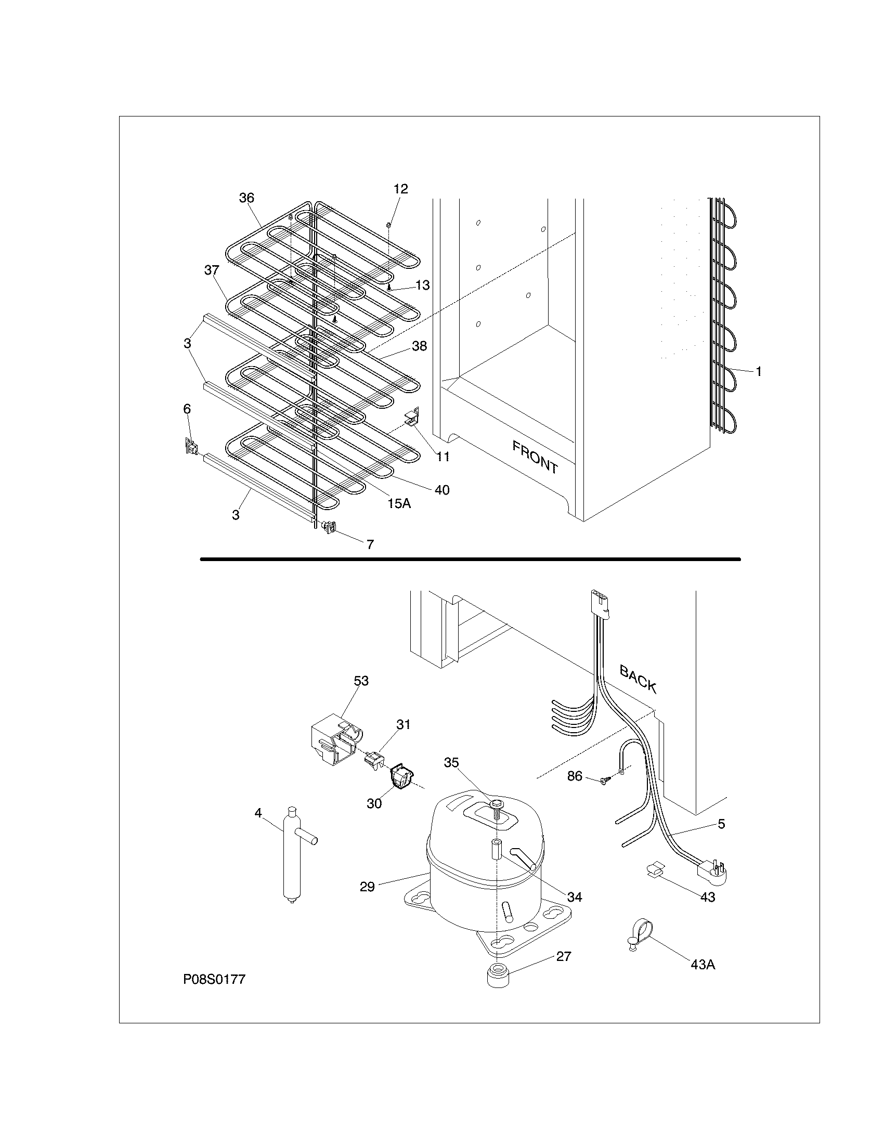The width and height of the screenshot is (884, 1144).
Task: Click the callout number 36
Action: (246, 198)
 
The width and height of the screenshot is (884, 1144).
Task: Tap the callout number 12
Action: (400, 189)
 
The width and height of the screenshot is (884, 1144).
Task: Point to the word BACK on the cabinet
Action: (638, 678)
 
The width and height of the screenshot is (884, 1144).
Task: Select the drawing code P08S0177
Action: (214, 980)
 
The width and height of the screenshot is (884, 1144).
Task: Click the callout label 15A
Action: (399, 503)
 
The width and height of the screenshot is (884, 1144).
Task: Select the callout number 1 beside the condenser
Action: (758, 372)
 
